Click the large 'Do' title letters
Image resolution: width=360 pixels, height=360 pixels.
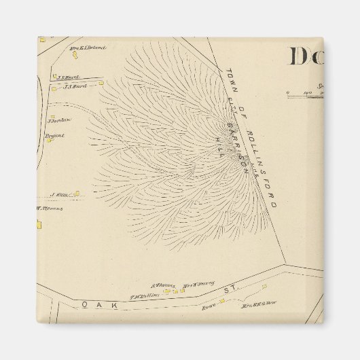(x=305, y=56)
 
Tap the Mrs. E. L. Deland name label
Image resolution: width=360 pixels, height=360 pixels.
(x=86, y=48)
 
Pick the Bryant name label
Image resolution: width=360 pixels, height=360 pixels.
(x=55, y=135)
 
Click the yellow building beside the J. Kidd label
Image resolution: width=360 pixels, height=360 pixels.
(x=77, y=194)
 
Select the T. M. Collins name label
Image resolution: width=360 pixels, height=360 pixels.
(x=144, y=296)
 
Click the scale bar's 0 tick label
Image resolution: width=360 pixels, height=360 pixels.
(x=287, y=90)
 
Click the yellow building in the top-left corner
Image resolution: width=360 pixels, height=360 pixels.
(x=42, y=39)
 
